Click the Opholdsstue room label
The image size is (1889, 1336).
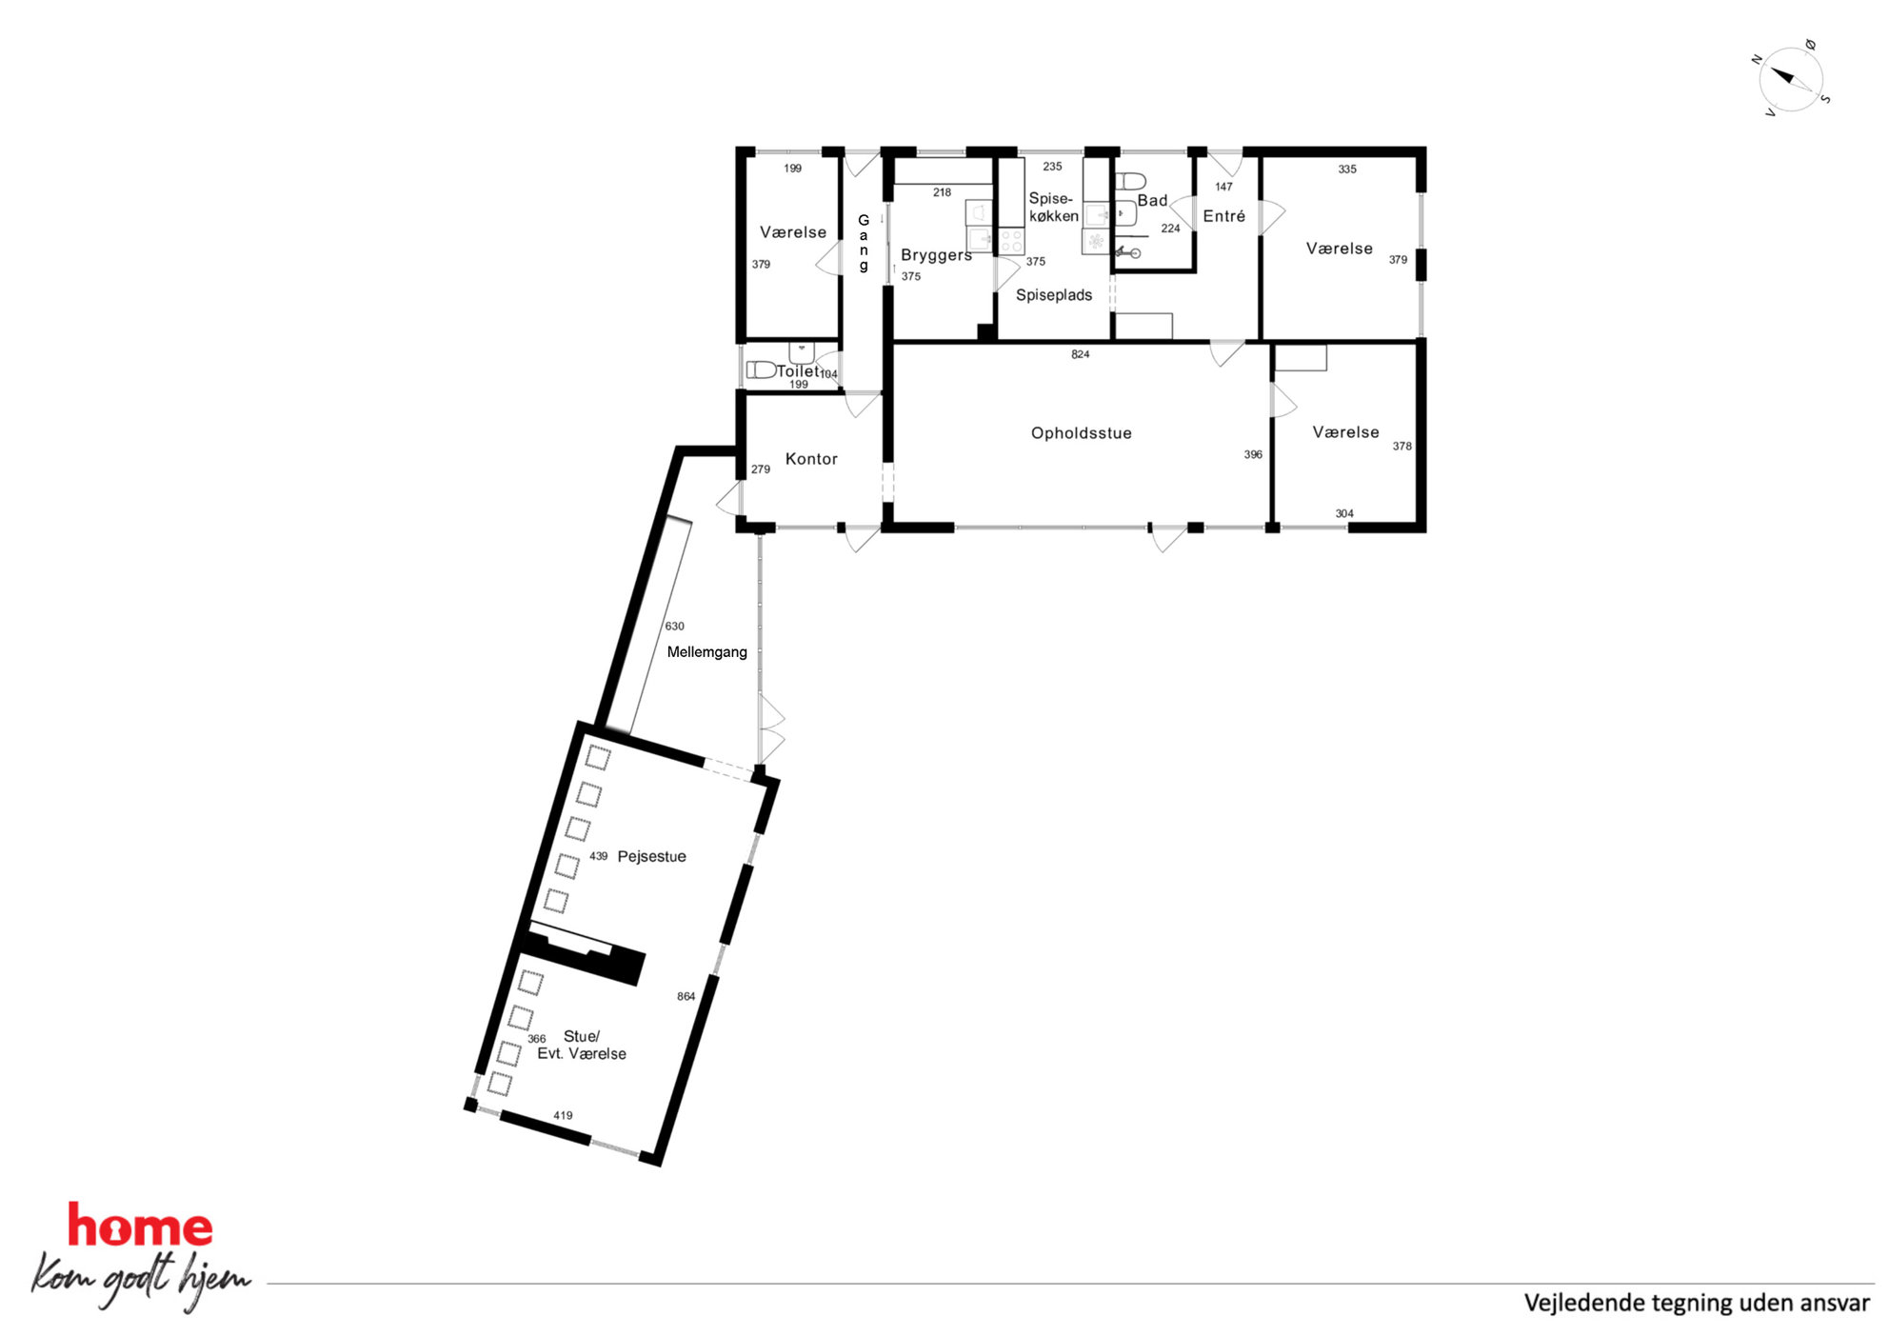coord(1081,433)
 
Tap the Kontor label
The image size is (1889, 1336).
coord(811,459)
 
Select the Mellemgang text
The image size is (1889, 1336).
coord(706,652)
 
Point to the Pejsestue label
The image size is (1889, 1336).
coord(651,856)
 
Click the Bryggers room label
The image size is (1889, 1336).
coord(936,255)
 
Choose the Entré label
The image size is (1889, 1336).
coord(1223,216)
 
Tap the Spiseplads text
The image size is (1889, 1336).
coord(1053,295)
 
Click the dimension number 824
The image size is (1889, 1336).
coord(1080,354)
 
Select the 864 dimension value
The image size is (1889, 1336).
coord(686,996)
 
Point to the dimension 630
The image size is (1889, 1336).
coord(674,626)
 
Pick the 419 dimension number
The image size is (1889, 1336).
coord(563,1115)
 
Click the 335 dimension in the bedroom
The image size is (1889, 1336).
coord(1346,169)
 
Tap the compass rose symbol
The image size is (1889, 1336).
coord(1790,79)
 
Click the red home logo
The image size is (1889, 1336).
coord(140,1226)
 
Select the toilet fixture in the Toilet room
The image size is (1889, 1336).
coord(761,369)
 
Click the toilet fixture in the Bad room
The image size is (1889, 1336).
coord(1130,181)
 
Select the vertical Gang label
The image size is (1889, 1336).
coord(864,243)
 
